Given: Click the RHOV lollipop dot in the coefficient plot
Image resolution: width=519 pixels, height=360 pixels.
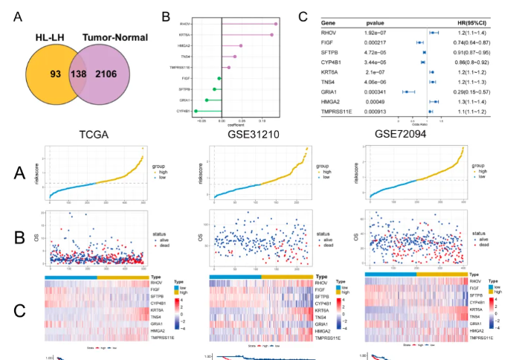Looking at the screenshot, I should pos(275,24).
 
